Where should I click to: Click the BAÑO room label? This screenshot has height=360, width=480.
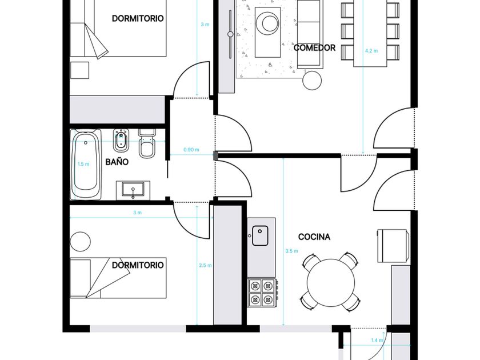117,162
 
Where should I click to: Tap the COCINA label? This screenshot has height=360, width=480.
314,237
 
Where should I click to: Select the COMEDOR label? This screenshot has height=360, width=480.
314,48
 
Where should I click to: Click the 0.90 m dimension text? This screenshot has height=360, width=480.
191,150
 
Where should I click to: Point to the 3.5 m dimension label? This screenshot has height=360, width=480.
292,251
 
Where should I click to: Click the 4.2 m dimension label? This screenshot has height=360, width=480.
371,51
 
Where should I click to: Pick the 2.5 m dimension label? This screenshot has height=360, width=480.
205,265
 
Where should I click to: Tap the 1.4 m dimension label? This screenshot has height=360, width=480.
377,340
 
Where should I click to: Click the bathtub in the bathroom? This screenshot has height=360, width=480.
86,165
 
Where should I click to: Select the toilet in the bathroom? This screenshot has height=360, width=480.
147,144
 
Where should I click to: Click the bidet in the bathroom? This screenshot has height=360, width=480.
121,141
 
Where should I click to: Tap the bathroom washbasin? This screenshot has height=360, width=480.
133,190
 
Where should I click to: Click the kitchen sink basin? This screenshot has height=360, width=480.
260,235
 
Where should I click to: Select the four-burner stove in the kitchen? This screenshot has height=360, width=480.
262,293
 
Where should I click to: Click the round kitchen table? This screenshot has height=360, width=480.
331,283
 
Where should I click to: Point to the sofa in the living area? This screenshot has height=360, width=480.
310,34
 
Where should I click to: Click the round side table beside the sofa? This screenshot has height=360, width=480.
312,81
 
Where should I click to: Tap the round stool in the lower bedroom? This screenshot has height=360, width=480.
80,242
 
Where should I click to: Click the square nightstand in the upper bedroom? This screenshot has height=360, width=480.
79,70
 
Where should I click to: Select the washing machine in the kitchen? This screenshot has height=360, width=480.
394,246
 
